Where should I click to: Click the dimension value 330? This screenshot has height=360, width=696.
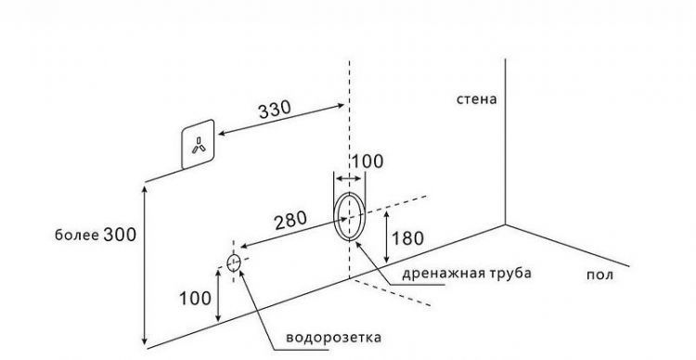point(274,109)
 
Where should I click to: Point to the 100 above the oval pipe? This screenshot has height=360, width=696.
point(367,161)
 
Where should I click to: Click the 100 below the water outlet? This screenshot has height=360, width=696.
point(196,298)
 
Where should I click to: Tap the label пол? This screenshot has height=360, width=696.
point(600,274)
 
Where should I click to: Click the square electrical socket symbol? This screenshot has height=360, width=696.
point(198,144)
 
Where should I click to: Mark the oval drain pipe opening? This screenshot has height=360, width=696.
point(350,217)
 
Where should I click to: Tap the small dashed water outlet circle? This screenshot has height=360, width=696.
point(233,262)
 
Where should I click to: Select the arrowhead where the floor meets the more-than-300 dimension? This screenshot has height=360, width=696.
point(144,341)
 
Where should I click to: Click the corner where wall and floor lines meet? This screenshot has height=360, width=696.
point(505,225)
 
